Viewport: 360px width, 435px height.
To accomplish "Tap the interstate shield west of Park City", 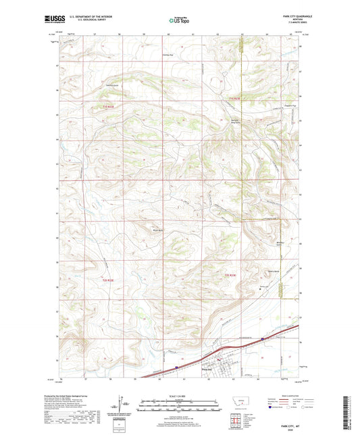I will [174, 368].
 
